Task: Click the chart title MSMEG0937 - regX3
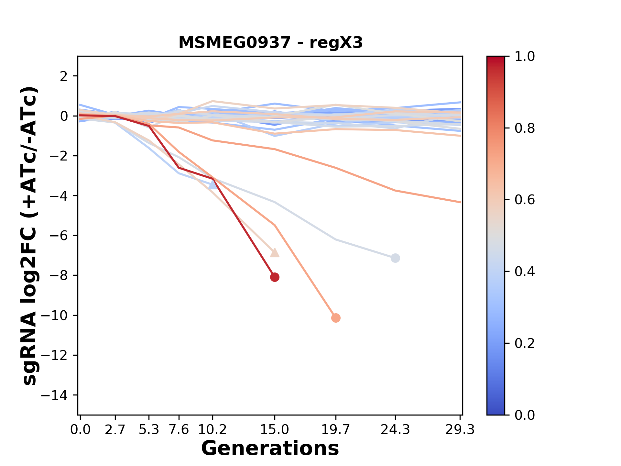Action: point(270,43)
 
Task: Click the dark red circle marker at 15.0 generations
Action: point(275,277)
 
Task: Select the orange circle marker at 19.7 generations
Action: point(336,318)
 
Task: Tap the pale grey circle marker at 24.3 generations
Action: point(395,258)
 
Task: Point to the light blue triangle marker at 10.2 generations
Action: point(212,185)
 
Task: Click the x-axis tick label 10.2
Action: point(212,430)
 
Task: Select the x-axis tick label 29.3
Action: point(460,430)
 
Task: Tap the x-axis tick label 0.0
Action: point(80,430)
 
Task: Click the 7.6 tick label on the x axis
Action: point(179,430)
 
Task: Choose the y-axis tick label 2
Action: point(64,76)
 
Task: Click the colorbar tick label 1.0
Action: point(525,57)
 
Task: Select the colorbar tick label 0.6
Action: point(525,200)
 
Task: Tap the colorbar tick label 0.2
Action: point(525,343)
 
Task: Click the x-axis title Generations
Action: point(270,449)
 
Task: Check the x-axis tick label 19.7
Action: point(336,430)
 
